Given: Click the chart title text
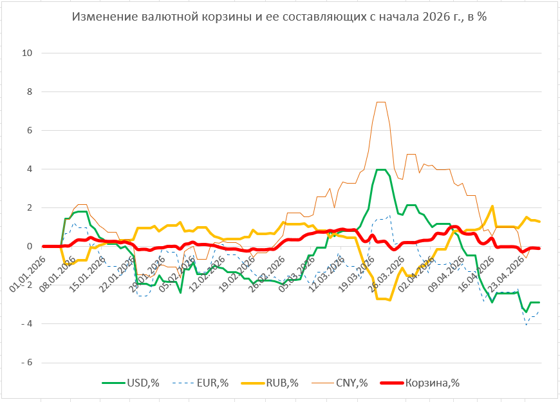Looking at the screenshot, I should tap(279, 17).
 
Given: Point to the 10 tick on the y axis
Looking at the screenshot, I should tap(27, 53).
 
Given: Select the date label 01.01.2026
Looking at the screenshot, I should tap(26, 274).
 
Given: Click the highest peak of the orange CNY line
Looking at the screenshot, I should tap(380, 102).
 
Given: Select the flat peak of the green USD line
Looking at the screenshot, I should tap(380, 170).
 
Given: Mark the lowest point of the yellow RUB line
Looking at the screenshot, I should tap(389, 300).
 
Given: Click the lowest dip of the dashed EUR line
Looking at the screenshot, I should tap(527, 324).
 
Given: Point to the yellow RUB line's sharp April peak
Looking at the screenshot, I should tap(492, 206).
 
